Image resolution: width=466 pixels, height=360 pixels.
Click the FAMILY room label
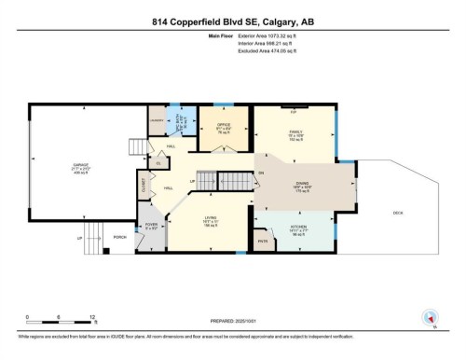(296, 133)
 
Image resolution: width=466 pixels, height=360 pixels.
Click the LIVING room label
(212, 220)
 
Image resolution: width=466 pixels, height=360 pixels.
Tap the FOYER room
(151, 225)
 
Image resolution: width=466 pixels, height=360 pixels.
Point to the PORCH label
(119, 237)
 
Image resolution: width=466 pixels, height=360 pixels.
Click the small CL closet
(159, 164)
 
